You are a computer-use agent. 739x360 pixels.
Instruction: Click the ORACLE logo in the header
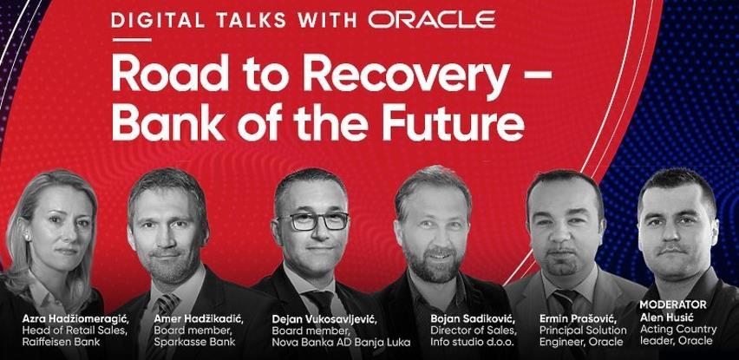pos(432,19)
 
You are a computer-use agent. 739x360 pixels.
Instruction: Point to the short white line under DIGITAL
pos(132,40)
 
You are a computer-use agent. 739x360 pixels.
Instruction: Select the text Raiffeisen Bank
pos(62,342)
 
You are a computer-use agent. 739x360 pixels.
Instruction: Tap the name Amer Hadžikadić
pos(199,319)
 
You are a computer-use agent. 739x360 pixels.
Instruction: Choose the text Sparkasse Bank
pos(194,342)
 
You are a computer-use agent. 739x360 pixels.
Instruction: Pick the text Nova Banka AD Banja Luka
pos(341,342)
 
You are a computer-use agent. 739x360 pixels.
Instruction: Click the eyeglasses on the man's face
pos(312,221)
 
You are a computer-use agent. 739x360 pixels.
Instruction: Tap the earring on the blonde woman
pos(27,237)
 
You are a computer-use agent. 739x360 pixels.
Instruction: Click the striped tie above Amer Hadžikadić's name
pos(167,306)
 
